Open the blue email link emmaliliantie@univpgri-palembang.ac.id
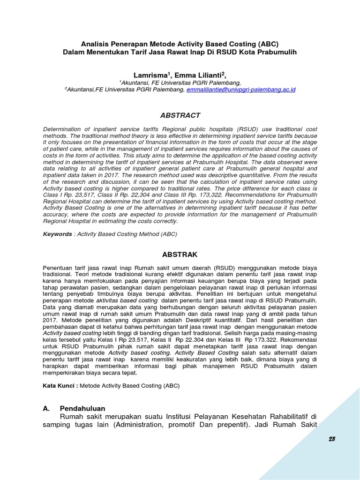coord(241,89)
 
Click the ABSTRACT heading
coord(180,115)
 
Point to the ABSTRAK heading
coord(180,255)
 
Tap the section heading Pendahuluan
coord(82,408)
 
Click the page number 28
coord(332,439)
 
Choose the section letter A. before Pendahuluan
coord(46,408)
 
